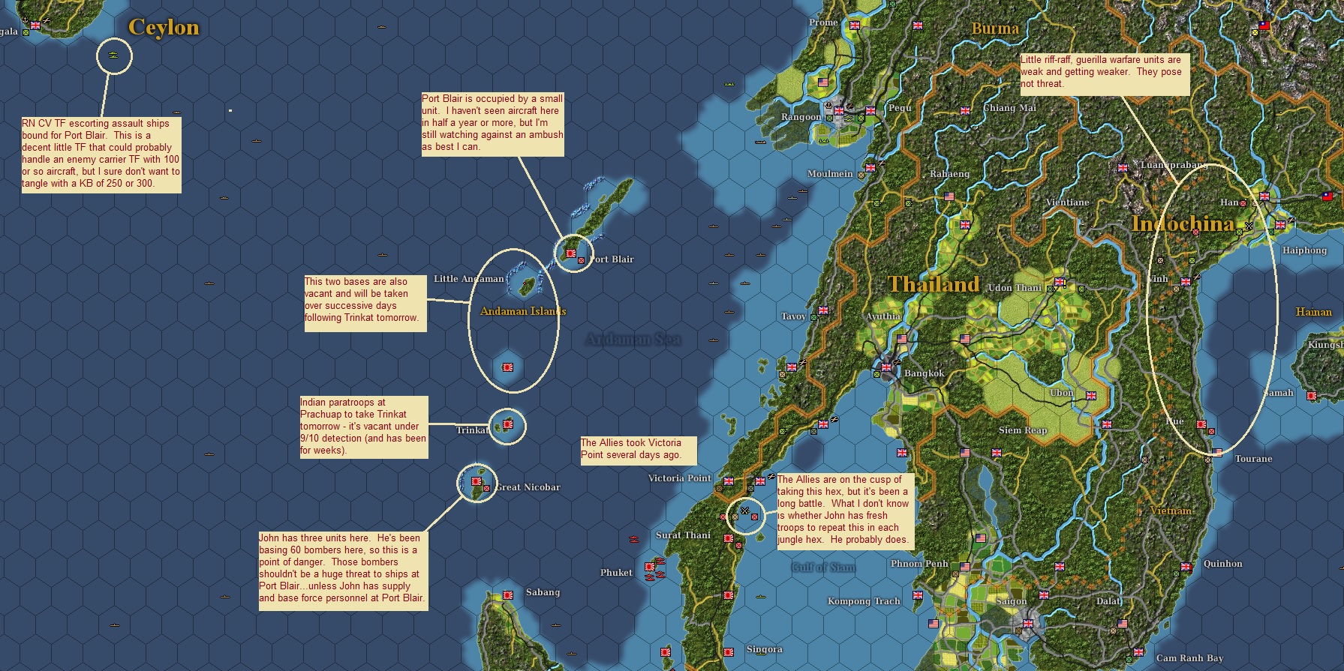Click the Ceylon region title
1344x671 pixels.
click(x=164, y=27)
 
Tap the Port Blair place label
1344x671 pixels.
click(x=612, y=259)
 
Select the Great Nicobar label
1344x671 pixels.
click(x=528, y=487)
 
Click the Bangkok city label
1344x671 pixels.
click(x=924, y=373)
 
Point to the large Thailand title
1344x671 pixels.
click(x=934, y=284)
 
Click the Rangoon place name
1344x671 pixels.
click(x=801, y=117)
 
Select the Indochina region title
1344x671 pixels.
click(x=1183, y=223)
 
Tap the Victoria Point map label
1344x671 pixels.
click(x=679, y=478)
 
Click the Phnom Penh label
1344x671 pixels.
click(x=919, y=564)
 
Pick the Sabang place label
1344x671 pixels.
click(x=543, y=592)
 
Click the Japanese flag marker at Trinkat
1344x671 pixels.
click(x=508, y=425)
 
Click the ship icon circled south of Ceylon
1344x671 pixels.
click(x=114, y=55)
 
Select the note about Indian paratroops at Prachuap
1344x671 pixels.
click(x=364, y=427)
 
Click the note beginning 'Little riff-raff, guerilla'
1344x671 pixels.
click(x=1104, y=72)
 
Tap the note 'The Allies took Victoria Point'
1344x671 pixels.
click(x=638, y=449)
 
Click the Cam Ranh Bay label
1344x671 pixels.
click(x=1189, y=658)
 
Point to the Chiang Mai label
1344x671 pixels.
click(x=1009, y=108)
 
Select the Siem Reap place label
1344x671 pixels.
click(x=1022, y=430)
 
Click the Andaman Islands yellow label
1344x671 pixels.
click(x=523, y=311)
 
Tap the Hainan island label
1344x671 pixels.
click(x=1313, y=312)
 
